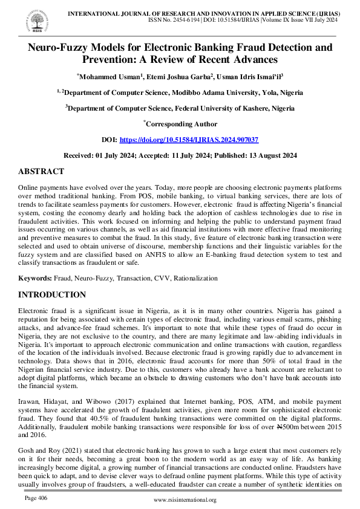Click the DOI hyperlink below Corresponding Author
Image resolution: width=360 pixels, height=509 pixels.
[x=189, y=139]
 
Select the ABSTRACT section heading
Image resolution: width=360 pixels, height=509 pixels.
[x=41, y=172]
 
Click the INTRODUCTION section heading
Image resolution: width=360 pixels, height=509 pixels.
[x=52, y=295]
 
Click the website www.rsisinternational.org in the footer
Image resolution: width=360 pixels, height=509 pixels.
[x=185, y=500]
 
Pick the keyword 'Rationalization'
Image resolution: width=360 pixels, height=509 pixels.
[x=197, y=279]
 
